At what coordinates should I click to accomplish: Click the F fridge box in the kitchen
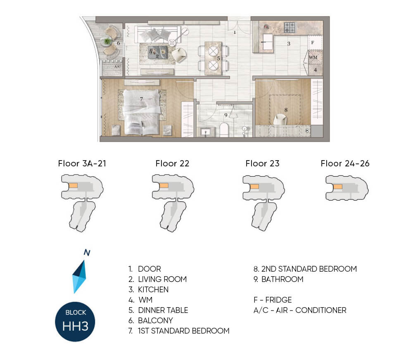tap(315, 43)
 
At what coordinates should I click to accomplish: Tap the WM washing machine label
tap(313, 57)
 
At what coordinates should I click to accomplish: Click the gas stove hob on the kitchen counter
tap(290, 27)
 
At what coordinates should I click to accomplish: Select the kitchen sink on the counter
tap(267, 42)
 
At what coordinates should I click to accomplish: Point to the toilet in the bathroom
tap(224, 130)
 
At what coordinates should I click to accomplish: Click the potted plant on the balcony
tap(107, 41)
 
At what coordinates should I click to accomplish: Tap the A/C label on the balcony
tap(117, 66)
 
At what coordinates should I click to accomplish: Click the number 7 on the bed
tap(141, 99)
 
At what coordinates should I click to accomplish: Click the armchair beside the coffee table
tap(179, 55)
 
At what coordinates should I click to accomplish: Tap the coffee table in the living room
tap(157, 52)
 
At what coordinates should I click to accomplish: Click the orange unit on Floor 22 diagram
tap(164, 186)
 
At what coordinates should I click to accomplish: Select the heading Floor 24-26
tap(345, 163)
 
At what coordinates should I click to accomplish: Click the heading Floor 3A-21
tap(82, 163)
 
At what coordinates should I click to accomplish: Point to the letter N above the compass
tap(87, 253)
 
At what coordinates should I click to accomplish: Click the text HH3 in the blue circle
tap(75, 326)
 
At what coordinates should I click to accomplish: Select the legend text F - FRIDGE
tap(273, 300)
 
